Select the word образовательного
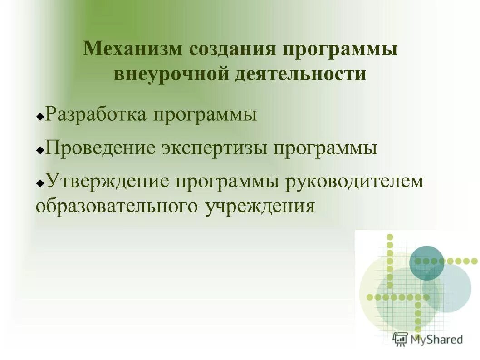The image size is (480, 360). coord(117,206)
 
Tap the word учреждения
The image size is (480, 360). coord(260,207)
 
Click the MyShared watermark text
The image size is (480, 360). coord(437,339)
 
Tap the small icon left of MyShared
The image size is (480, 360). coord(401,339)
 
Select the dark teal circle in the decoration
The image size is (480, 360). coord(427,262)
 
